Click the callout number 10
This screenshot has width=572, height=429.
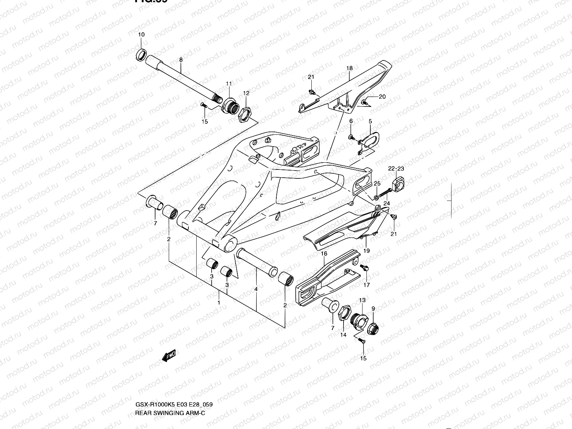tap(141, 35)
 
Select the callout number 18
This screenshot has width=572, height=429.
tap(349, 68)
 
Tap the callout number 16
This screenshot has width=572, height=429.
tap(324, 253)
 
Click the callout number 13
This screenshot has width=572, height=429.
tap(362, 300)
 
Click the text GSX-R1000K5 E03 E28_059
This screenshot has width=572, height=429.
tap(174, 404)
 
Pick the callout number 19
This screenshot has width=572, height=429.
tap(366, 251)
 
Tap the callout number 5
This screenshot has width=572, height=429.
tap(370, 122)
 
